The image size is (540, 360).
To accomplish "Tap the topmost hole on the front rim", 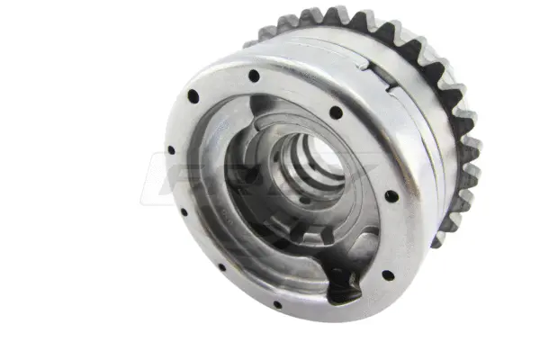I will [x=254, y=76].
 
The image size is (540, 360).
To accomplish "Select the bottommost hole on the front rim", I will [x=277, y=304].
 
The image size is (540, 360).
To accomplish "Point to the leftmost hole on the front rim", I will [x=171, y=149].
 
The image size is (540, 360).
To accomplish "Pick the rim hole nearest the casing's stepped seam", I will [x=336, y=112].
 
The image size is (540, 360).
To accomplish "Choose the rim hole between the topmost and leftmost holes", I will [x=193, y=95].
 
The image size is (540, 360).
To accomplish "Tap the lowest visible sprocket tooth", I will [x=440, y=238].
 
